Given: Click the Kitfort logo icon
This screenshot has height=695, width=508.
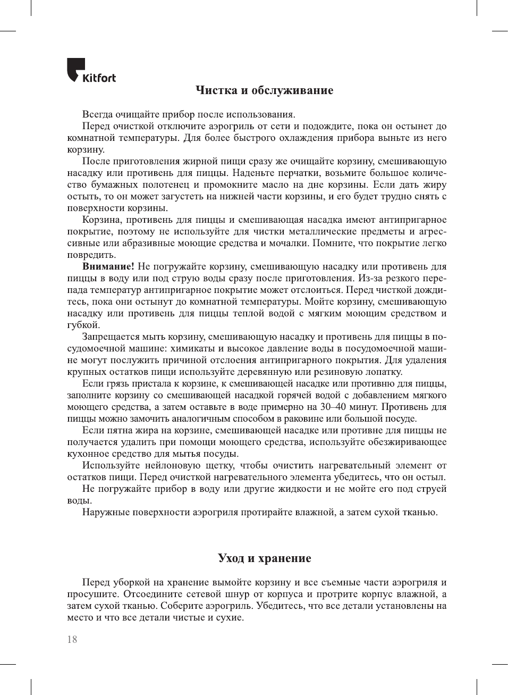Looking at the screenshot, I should [75, 69].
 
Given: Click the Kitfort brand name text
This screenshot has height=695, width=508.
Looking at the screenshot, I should [99, 78].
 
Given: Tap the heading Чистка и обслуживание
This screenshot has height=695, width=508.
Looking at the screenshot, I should [264, 90].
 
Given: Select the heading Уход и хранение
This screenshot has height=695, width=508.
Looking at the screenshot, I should [264, 558].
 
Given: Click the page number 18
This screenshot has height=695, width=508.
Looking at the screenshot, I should [72, 640].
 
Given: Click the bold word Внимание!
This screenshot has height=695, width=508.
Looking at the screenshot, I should [108, 266].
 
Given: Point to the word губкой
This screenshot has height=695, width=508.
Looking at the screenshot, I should [83, 325].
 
